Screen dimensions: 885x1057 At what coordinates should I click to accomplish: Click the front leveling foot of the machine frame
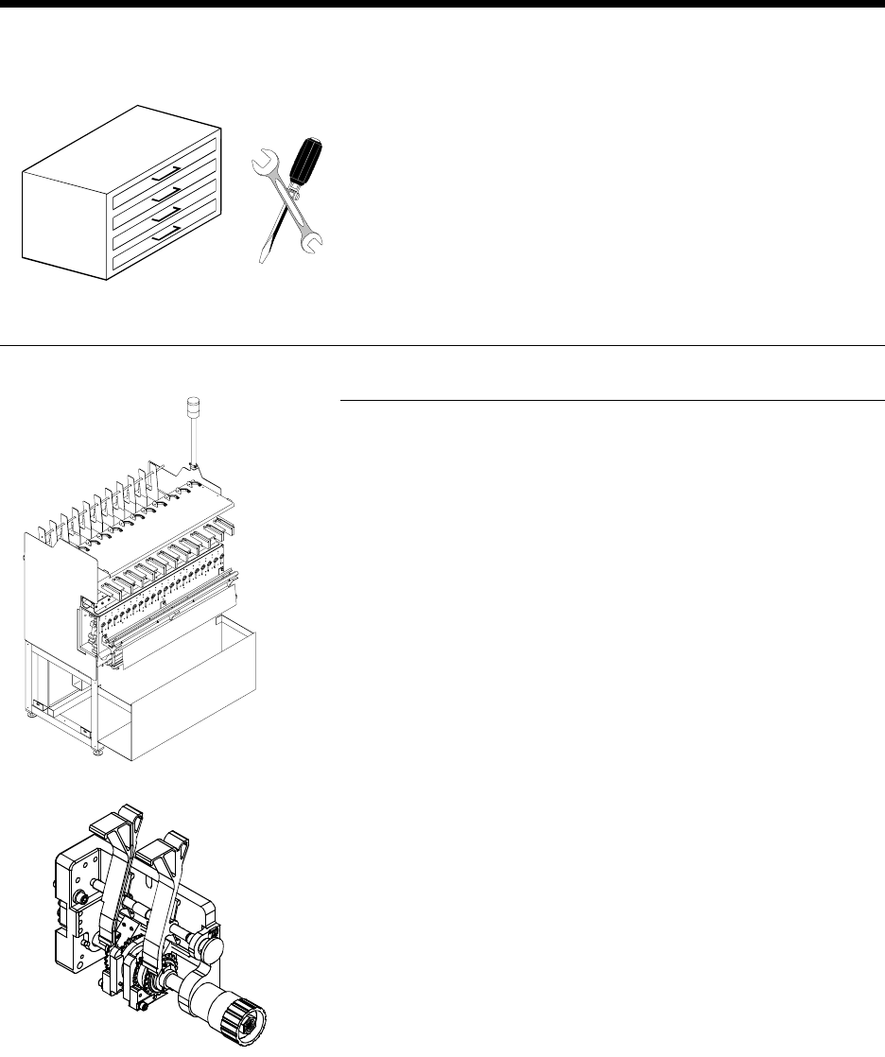(x=97, y=752)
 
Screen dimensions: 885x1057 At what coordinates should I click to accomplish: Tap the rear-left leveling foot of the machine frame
(x=31, y=715)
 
